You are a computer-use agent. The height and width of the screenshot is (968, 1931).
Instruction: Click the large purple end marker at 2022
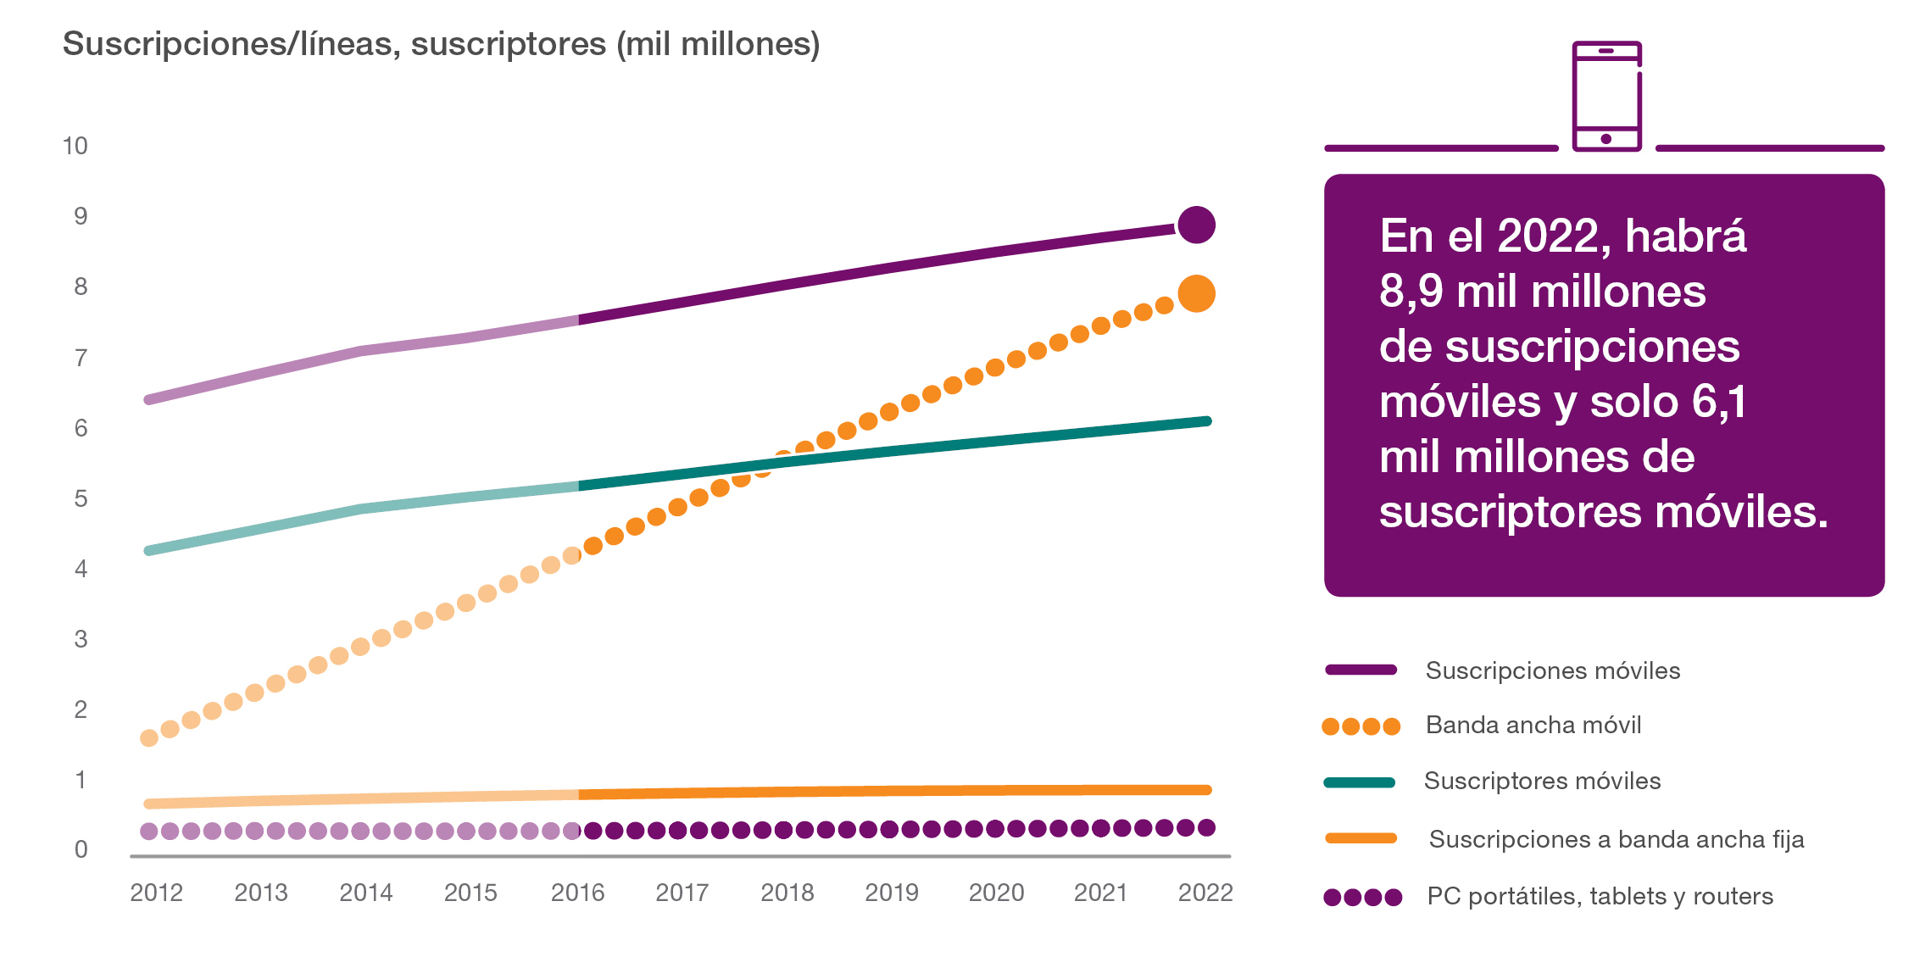(x=1196, y=225)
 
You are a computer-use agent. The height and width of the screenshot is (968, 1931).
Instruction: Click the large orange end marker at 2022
(x=1196, y=294)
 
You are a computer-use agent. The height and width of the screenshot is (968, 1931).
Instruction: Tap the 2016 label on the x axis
(x=577, y=893)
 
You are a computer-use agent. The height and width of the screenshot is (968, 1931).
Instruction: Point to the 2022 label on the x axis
(x=1205, y=893)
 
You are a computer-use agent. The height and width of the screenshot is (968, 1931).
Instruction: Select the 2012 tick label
(x=156, y=893)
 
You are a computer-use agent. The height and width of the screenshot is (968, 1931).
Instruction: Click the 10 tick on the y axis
(x=75, y=146)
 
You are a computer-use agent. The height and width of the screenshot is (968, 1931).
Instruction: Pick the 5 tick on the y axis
(x=81, y=498)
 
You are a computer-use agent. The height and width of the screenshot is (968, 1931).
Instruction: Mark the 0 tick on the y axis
(x=81, y=849)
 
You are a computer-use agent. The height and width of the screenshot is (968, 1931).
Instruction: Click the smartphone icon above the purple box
(x=1606, y=96)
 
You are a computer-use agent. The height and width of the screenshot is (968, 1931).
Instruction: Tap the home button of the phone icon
(x=1606, y=139)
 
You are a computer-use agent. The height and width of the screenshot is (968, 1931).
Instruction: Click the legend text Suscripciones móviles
(x=1552, y=670)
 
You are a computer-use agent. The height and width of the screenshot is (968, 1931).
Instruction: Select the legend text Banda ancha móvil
(x=1533, y=726)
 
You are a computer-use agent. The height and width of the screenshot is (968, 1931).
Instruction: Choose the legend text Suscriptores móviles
(x=1542, y=781)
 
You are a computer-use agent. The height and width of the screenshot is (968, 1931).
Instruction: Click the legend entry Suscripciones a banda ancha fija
(x=1616, y=839)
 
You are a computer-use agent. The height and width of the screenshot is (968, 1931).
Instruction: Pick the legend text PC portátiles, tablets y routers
(x=1600, y=896)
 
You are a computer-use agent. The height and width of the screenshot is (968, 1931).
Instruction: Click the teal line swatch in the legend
(x=1360, y=782)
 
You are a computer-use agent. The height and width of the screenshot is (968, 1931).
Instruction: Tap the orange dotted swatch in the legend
(x=1361, y=726)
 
